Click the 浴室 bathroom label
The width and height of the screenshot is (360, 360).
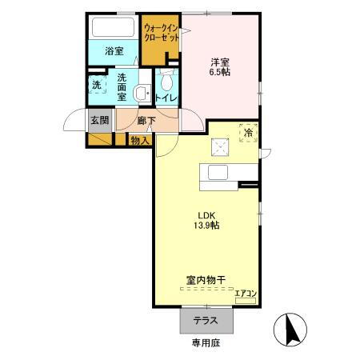(x=114, y=51)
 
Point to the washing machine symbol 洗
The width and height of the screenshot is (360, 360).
(x=96, y=84)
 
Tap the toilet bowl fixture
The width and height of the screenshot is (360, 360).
(x=166, y=82)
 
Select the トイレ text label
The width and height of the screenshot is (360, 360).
(x=167, y=98)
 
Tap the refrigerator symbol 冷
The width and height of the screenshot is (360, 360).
(x=248, y=132)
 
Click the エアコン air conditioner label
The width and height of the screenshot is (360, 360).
(x=246, y=294)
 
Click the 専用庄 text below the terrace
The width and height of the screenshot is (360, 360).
(x=206, y=344)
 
